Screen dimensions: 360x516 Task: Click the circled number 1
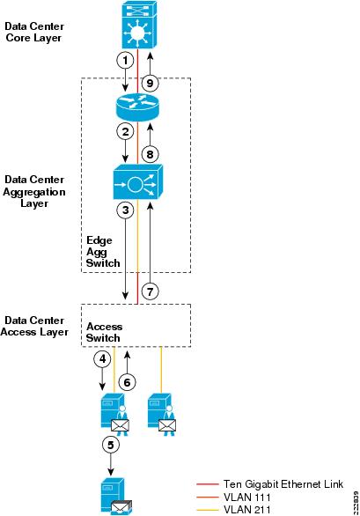click(125, 61)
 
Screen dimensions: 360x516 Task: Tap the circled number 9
click(150, 83)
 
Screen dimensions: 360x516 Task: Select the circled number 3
click(125, 210)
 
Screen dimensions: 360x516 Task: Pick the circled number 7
click(150, 291)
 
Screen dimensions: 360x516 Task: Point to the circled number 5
click(111, 445)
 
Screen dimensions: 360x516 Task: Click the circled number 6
click(127, 382)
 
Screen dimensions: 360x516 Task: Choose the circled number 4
click(103, 358)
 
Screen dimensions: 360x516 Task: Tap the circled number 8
click(150, 154)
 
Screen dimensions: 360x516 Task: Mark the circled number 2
click(125, 132)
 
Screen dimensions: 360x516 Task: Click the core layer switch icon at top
click(140, 25)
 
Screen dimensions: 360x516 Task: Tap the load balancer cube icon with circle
click(138, 182)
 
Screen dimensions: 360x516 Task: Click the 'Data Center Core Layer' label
click(34, 32)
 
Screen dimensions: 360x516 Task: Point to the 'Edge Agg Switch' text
click(103, 252)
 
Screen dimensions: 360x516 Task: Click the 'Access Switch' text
click(104, 332)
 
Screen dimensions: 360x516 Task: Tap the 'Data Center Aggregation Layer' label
click(34, 192)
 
